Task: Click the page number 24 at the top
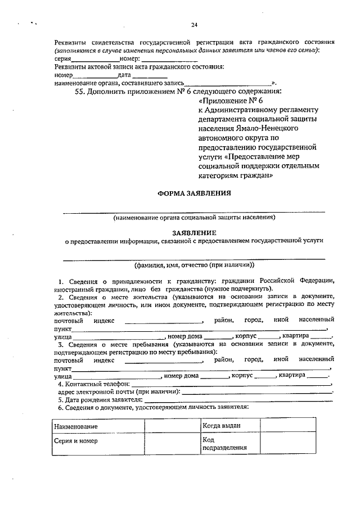pos(194,25)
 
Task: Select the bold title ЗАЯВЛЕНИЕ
pos(193,232)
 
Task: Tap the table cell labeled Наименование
pos(97,426)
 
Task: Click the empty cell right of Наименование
pos(172,426)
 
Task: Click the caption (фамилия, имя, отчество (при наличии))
pos(193,264)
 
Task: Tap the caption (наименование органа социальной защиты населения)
pos(193,217)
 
